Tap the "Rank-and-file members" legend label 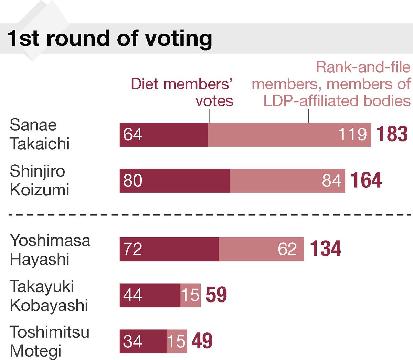coord(331,84)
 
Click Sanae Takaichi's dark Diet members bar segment coord(164,135)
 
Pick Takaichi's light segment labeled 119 coord(289,135)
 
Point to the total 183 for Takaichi coord(392,134)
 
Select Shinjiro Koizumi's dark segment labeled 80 coord(174,181)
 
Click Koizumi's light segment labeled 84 coord(287,181)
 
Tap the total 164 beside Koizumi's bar coord(366,180)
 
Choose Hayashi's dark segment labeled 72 coord(169,249)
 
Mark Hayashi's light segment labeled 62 coord(261,249)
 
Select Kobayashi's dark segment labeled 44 coord(150,295)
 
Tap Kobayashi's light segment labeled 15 coord(191,295)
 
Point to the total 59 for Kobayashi coord(216,295)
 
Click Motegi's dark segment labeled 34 coord(143,341)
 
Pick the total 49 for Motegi coord(202,341)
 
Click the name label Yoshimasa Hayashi coord(50,249)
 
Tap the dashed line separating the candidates coord(206,215)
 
